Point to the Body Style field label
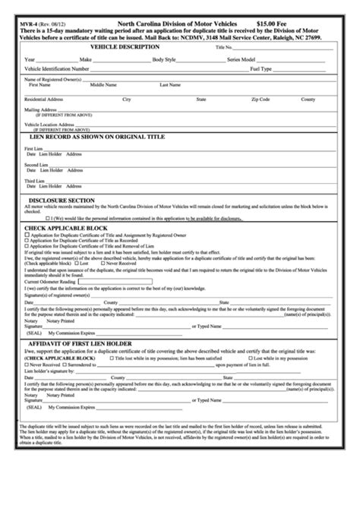[x=164, y=58]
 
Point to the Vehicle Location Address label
[x=49, y=124]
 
